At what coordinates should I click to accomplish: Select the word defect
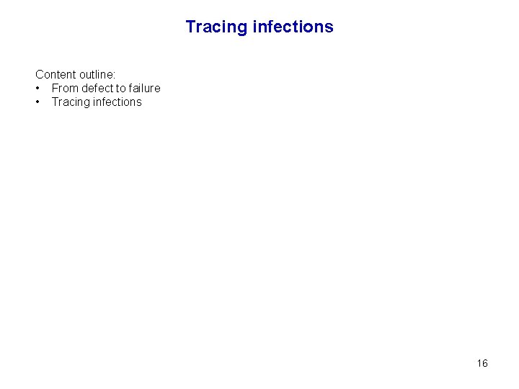[x=97, y=89]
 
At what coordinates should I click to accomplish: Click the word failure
[x=145, y=89]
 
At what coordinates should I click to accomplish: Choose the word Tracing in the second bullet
[x=71, y=102]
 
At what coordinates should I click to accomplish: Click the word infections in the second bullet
[x=117, y=102]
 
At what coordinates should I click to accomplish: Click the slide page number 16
[x=482, y=363]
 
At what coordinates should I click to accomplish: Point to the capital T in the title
[x=190, y=27]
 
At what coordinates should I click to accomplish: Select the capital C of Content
[x=40, y=74]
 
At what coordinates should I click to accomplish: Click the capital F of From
[x=55, y=89]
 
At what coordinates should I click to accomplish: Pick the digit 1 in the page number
[x=479, y=363]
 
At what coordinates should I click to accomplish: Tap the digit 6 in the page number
[x=485, y=363]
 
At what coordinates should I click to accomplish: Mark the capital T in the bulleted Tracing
[x=55, y=102]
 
